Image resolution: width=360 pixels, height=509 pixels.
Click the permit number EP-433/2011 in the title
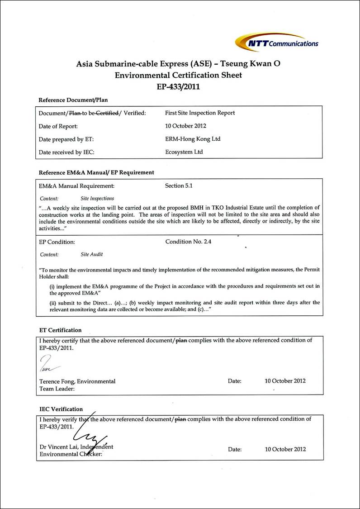point(178,86)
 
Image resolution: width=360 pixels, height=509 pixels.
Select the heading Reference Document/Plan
point(73,100)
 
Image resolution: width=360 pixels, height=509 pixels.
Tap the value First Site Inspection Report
point(200,113)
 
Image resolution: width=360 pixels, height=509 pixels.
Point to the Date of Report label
point(58,126)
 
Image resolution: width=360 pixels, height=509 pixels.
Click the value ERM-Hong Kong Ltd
point(193,139)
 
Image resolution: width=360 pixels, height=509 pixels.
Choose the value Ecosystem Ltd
point(184,152)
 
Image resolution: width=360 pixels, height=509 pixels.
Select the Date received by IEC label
point(66,152)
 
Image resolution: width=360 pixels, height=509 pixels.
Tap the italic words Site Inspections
point(97,198)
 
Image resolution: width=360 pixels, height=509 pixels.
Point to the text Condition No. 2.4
point(188,242)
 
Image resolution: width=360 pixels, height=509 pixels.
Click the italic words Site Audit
point(92,255)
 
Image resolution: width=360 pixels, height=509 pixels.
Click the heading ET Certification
point(60,330)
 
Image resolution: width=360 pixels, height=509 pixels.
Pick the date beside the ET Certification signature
point(285,381)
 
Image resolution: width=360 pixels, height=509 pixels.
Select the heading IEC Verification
point(61,409)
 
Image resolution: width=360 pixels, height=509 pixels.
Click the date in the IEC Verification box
point(285,449)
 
